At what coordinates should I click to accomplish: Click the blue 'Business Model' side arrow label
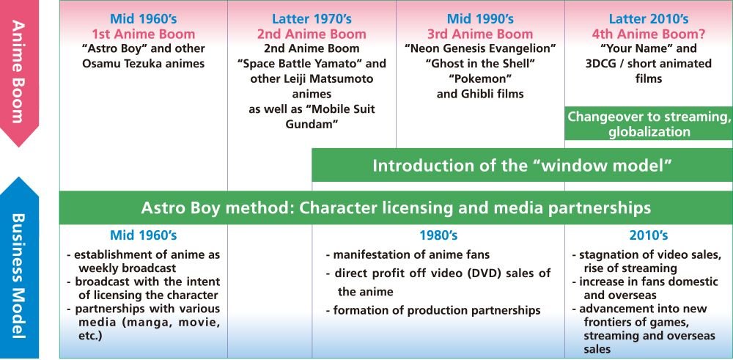click(x=19, y=276)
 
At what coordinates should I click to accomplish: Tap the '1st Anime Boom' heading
click(x=144, y=34)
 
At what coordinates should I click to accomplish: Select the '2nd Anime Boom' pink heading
click(x=312, y=34)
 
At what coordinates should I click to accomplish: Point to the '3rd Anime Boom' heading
click(x=480, y=34)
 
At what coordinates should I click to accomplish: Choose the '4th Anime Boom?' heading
click(x=649, y=34)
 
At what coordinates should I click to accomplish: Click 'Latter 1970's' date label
click(x=312, y=19)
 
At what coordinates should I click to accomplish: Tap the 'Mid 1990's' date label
click(x=480, y=19)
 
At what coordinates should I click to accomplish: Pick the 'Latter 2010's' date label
click(x=649, y=19)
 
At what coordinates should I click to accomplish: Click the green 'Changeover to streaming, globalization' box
click(x=649, y=123)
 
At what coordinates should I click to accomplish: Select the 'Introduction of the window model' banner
click(x=522, y=165)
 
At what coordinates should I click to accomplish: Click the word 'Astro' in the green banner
click(x=159, y=207)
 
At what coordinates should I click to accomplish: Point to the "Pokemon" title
click(x=480, y=78)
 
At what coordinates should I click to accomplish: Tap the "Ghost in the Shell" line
click(x=480, y=64)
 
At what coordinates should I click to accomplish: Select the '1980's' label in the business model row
click(x=438, y=235)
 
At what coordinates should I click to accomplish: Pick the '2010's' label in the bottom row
click(x=649, y=235)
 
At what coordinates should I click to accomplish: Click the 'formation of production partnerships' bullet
click(x=433, y=310)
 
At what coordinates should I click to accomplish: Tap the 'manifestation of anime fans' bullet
click(x=408, y=255)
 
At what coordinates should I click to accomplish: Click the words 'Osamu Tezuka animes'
click(x=144, y=64)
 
